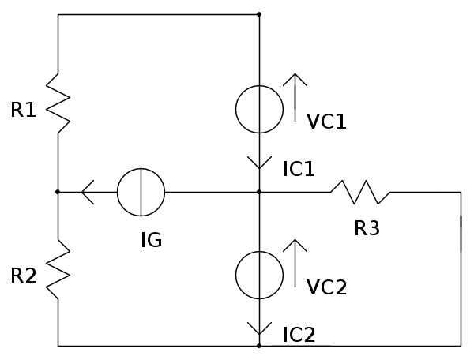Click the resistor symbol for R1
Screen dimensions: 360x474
click(x=58, y=103)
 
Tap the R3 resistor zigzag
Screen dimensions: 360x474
click(x=360, y=192)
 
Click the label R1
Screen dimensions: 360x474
click(x=24, y=111)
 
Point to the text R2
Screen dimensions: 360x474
click(x=24, y=276)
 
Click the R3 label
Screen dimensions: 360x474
click(x=367, y=229)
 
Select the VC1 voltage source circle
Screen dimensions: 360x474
click(x=259, y=109)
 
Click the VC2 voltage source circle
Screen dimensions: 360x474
click(x=259, y=276)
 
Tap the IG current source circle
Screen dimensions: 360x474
click(x=141, y=192)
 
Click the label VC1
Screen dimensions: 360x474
click(x=327, y=122)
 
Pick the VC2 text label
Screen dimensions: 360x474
click(x=327, y=287)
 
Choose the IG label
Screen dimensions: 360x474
click(x=151, y=240)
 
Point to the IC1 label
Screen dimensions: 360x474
click(x=299, y=168)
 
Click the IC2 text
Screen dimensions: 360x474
click(x=299, y=335)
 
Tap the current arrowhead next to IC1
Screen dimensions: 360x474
click(x=259, y=163)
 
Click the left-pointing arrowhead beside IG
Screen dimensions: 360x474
click(x=88, y=192)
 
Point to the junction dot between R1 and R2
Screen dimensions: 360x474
click(x=58, y=192)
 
